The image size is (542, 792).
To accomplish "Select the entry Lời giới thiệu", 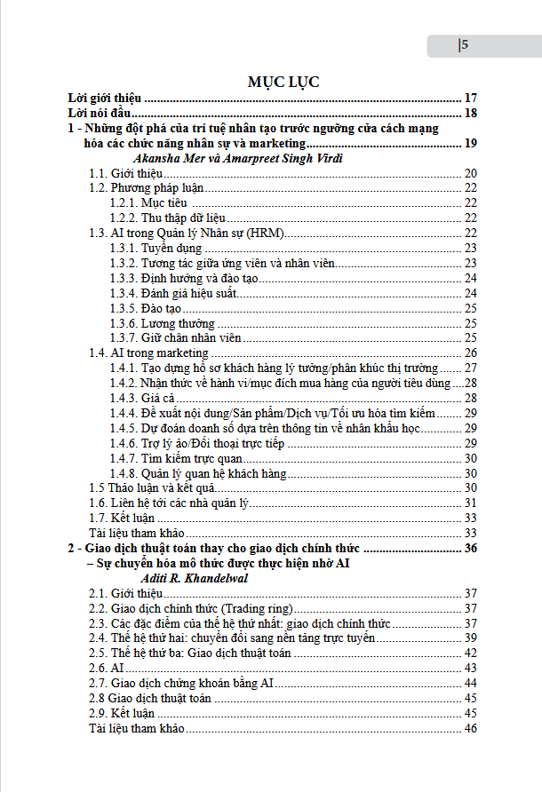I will pyautogui.click(x=107, y=98).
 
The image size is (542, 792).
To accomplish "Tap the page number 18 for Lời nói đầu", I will pyautogui.click(x=471, y=113).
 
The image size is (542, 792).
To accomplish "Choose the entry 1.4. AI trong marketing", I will pyautogui.click(x=148, y=353).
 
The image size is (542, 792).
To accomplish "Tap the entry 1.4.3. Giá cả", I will pyautogui.click(x=142, y=398).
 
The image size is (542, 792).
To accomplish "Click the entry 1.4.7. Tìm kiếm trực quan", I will pyautogui.click(x=176, y=458).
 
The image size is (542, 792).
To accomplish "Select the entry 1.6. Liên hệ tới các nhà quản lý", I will pyautogui.click(x=171, y=503).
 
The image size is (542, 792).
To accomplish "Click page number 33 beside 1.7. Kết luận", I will pyautogui.click(x=471, y=518).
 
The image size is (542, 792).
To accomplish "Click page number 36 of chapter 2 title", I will pyautogui.click(x=471, y=548).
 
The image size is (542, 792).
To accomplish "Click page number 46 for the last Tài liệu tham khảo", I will pyautogui.click(x=471, y=728).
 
